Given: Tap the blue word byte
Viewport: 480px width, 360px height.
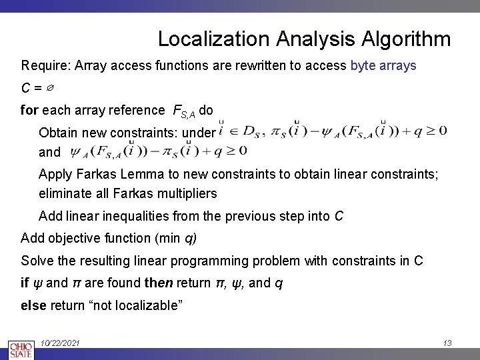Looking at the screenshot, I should [x=364, y=66].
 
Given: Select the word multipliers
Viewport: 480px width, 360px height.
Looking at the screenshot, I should [x=185, y=194].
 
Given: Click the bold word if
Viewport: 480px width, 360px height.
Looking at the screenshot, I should [x=25, y=283].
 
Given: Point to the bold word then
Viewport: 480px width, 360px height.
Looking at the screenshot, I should [x=158, y=283].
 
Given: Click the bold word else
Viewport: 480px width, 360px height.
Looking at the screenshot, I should [x=33, y=305].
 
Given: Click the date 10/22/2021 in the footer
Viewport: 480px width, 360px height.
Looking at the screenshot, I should [x=60, y=343].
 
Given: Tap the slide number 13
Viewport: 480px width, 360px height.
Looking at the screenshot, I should [x=447, y=343].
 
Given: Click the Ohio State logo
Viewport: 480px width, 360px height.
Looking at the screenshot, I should [x=19, y=350].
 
